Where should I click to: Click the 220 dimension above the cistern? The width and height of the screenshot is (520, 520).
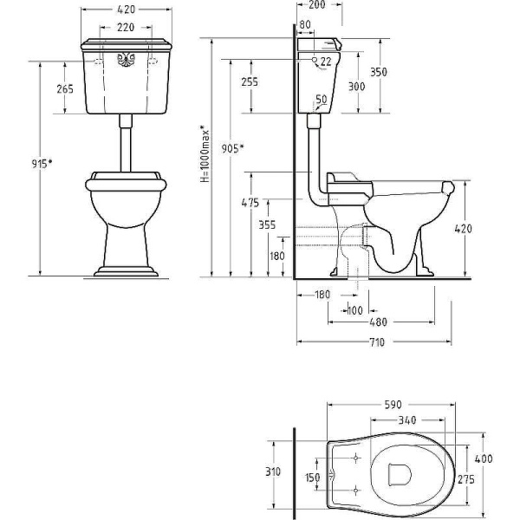click(x=126, y=27)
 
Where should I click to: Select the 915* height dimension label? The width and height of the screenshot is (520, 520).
click(x=42, y=163)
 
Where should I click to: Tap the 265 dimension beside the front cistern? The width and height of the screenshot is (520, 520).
click(x=65, y=89)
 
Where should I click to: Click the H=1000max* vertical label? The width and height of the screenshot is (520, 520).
click(x=205, y=153)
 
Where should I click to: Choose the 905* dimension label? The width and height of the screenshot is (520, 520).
click(x=232, y=148)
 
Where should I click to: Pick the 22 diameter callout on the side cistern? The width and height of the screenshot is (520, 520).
click(x=326, y=62)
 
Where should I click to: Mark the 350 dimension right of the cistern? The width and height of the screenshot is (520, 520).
click(x=379, y=72)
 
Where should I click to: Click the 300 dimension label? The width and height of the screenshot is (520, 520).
click(x=356, y=87)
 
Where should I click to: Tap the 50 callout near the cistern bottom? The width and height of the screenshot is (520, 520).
click(x=321, y=99)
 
